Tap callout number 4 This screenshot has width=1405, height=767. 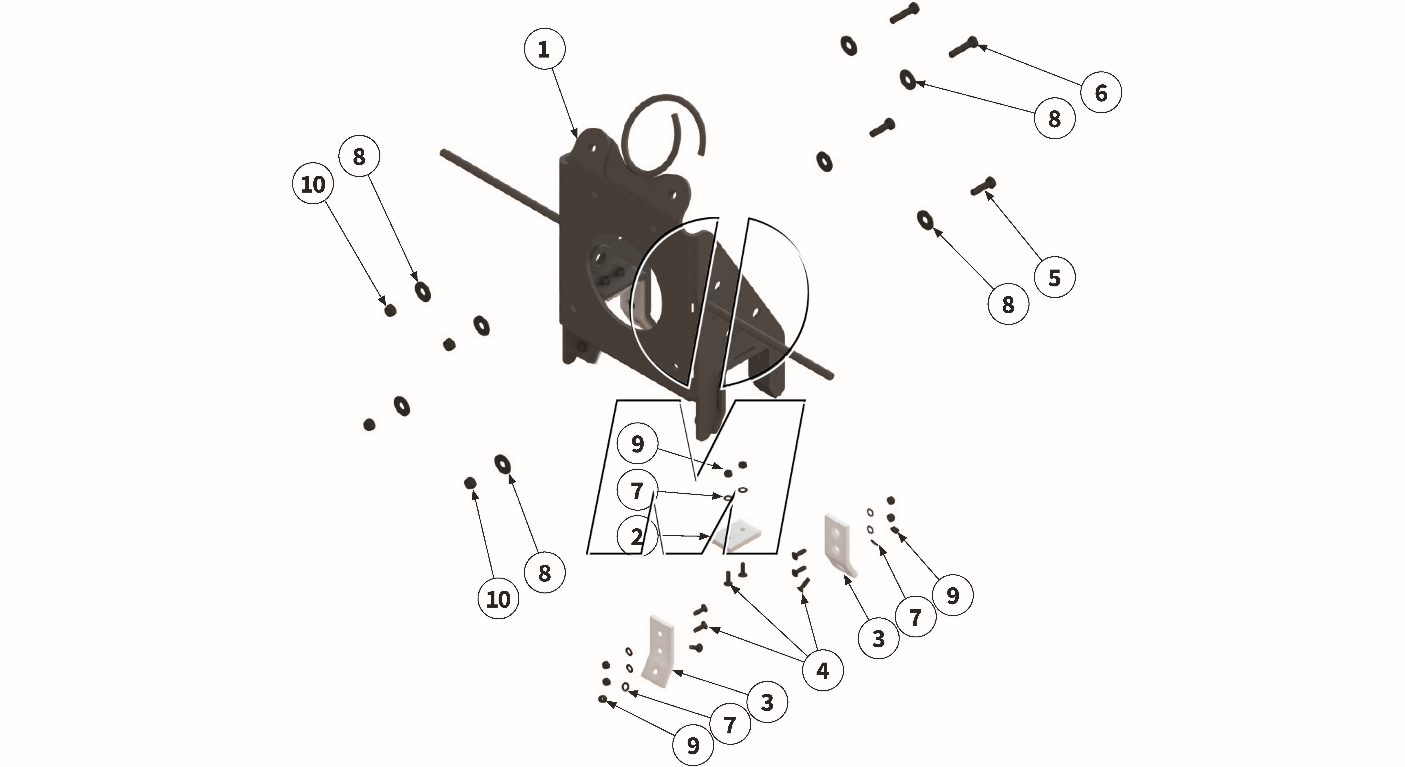point(822,670)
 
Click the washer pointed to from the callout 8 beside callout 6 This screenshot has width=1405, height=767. point(908,79)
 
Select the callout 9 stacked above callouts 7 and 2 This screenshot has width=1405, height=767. point(637,444)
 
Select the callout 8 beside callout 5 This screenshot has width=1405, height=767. point(1008,304)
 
